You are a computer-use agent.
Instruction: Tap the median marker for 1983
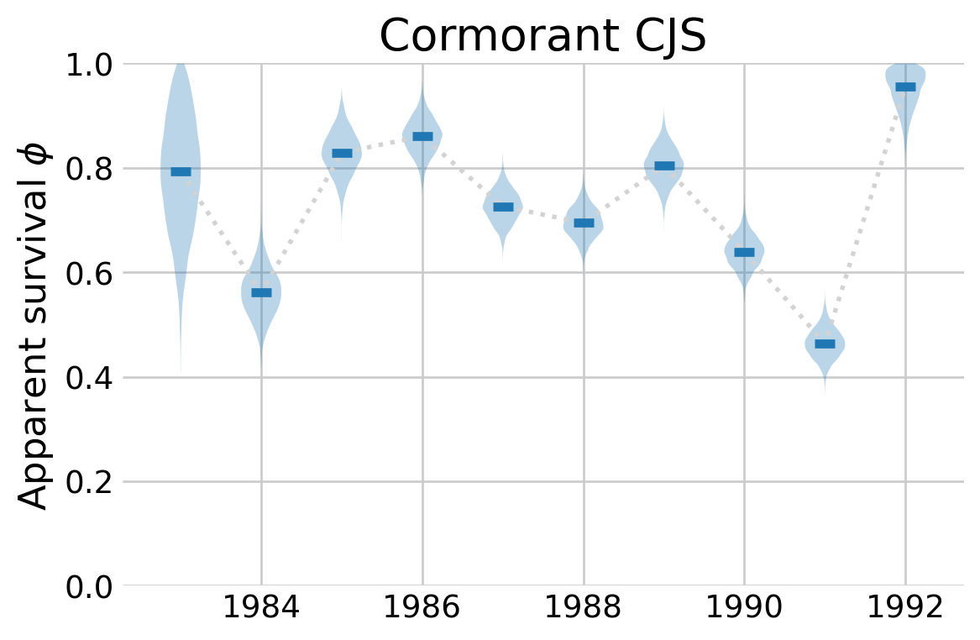point(181,171)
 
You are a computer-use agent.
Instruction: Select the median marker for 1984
point(261,292)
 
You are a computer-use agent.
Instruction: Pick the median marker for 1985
point(342,153)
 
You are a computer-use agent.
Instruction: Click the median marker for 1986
point(422,136)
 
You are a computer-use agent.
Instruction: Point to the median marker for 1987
point(503,207)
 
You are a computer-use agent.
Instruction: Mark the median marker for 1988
point(584,223)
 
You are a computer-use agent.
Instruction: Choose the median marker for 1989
point(664,165)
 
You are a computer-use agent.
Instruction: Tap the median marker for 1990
point(744,252)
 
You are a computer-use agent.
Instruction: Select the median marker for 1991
point(825,344)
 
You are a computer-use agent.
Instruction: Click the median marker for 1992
point(905,87)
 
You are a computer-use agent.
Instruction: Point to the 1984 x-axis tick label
point(261,608)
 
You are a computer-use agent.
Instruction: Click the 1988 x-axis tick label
point(584,608)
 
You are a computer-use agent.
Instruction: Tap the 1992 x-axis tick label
point(905,608)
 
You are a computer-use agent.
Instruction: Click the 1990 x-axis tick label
point(744,608)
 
